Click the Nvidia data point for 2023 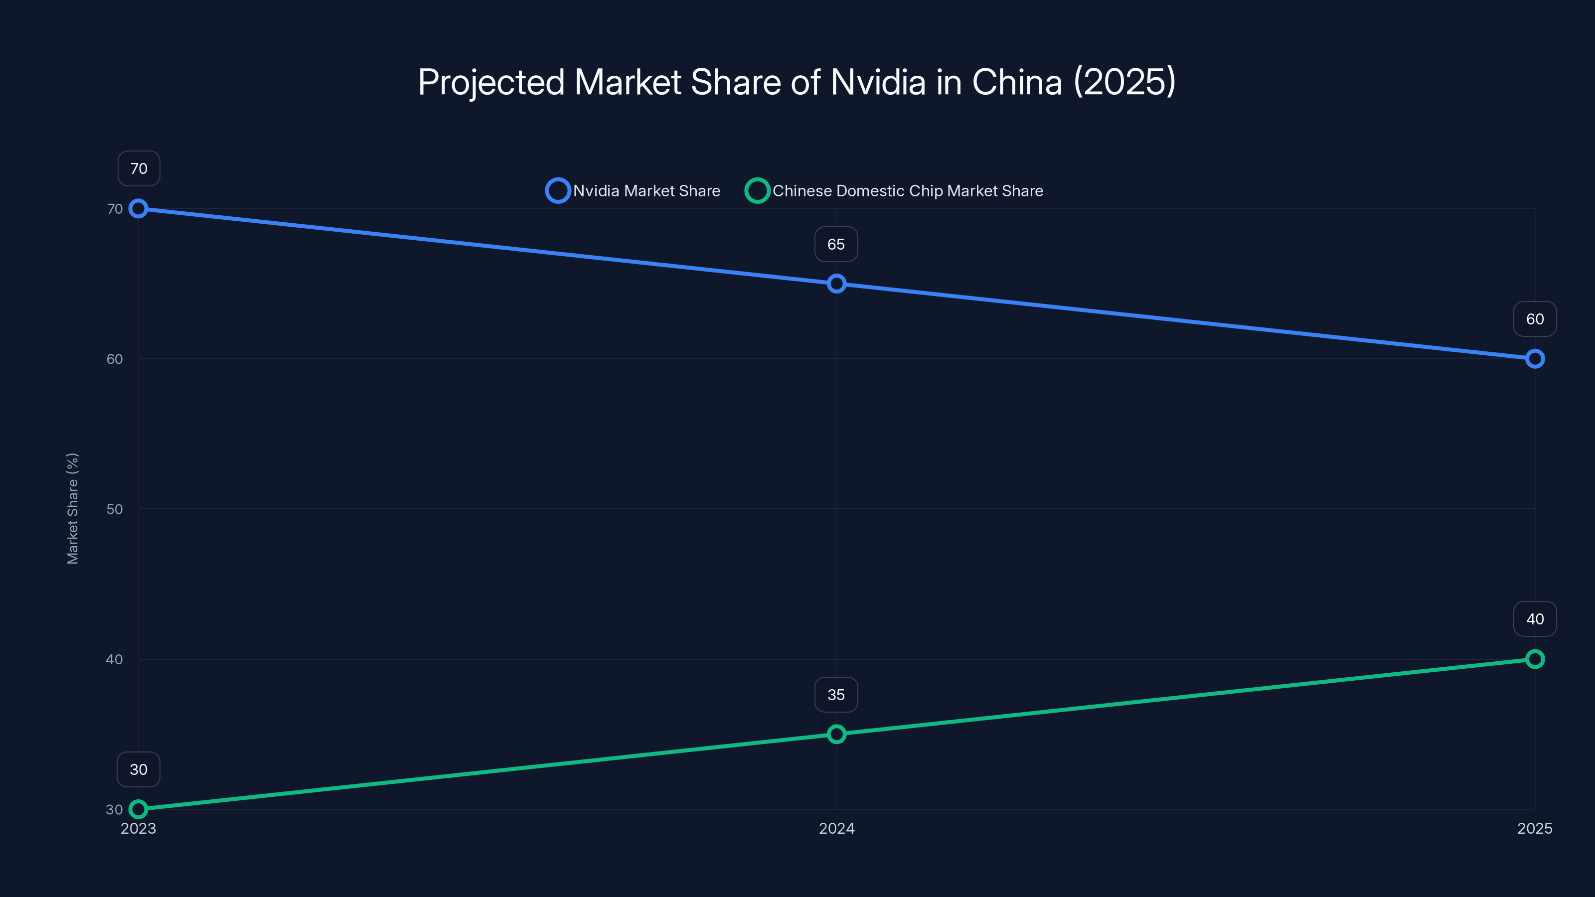coord(138,209)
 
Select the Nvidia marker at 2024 coord(836,284)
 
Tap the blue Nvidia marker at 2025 coord(1534,358)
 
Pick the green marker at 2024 coord(836,734)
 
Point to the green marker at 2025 coord(1534,659)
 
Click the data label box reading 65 coord(836,245)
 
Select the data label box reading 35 coord(836,695)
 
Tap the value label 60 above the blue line coord(1534,319)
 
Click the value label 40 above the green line coord(1534,619)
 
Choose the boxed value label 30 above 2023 coord(138,769)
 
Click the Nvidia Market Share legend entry coord(646,191)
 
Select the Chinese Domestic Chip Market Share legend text coord(907,191)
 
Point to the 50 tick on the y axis coord(115,509)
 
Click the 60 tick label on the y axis coord(115,359)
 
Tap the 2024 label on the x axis coord(836,828)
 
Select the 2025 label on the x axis coord(1534,828)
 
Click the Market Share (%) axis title coord(72,508)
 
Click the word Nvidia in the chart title coord(877,82)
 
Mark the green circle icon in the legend coord(757,191)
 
